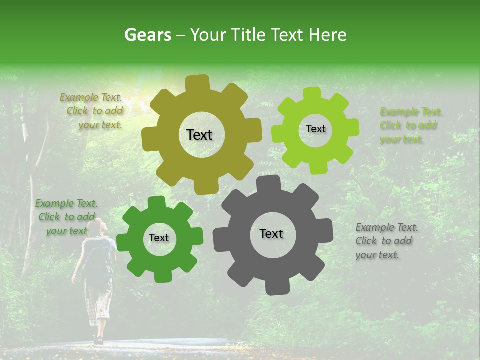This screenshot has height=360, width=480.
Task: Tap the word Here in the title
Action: point(328,35)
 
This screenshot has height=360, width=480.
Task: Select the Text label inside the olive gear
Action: point(199,135)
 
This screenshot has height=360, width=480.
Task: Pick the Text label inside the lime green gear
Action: point(315,129)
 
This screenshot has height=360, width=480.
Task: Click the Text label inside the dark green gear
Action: point(159,238)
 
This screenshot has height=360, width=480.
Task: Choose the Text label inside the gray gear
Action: point(271,233)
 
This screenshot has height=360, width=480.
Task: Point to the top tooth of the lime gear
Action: point(312,93)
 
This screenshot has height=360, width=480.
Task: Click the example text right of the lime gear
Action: point(411,125)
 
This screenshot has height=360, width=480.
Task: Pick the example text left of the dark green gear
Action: point(66,217)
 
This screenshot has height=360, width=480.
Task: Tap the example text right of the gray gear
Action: point(386,241)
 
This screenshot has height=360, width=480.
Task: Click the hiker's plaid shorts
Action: point(98,300)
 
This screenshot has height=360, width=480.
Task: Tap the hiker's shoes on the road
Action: point(98,340)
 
